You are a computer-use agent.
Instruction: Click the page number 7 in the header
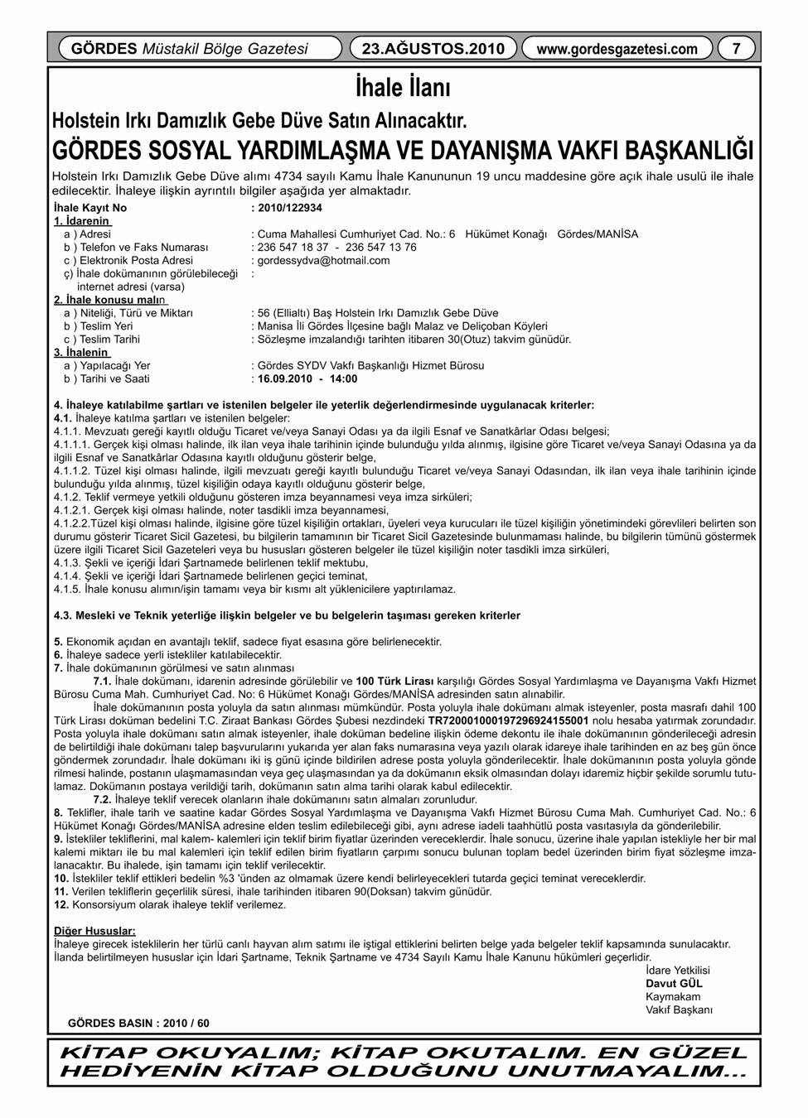(x=736, y=49)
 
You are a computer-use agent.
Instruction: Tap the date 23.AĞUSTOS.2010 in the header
(x=433, y=49)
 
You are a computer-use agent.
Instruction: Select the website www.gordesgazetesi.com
(x=617, y=49)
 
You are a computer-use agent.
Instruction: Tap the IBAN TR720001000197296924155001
(x=508, y=720)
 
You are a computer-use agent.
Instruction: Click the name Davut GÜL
(x=674, y=983)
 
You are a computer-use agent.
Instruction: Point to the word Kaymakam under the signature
(x=673, y=996)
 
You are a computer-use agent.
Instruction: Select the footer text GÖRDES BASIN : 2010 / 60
(x=138, y=1023)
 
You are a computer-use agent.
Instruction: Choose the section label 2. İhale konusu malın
(x=109, y=300)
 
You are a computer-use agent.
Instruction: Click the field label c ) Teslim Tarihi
(x=102, y=339)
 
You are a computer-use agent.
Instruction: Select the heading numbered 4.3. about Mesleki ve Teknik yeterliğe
(x=287, y=615)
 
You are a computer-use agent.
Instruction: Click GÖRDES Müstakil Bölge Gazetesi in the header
(x=190, y=49)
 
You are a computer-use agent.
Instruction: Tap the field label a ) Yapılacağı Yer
(x=107, y=365)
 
